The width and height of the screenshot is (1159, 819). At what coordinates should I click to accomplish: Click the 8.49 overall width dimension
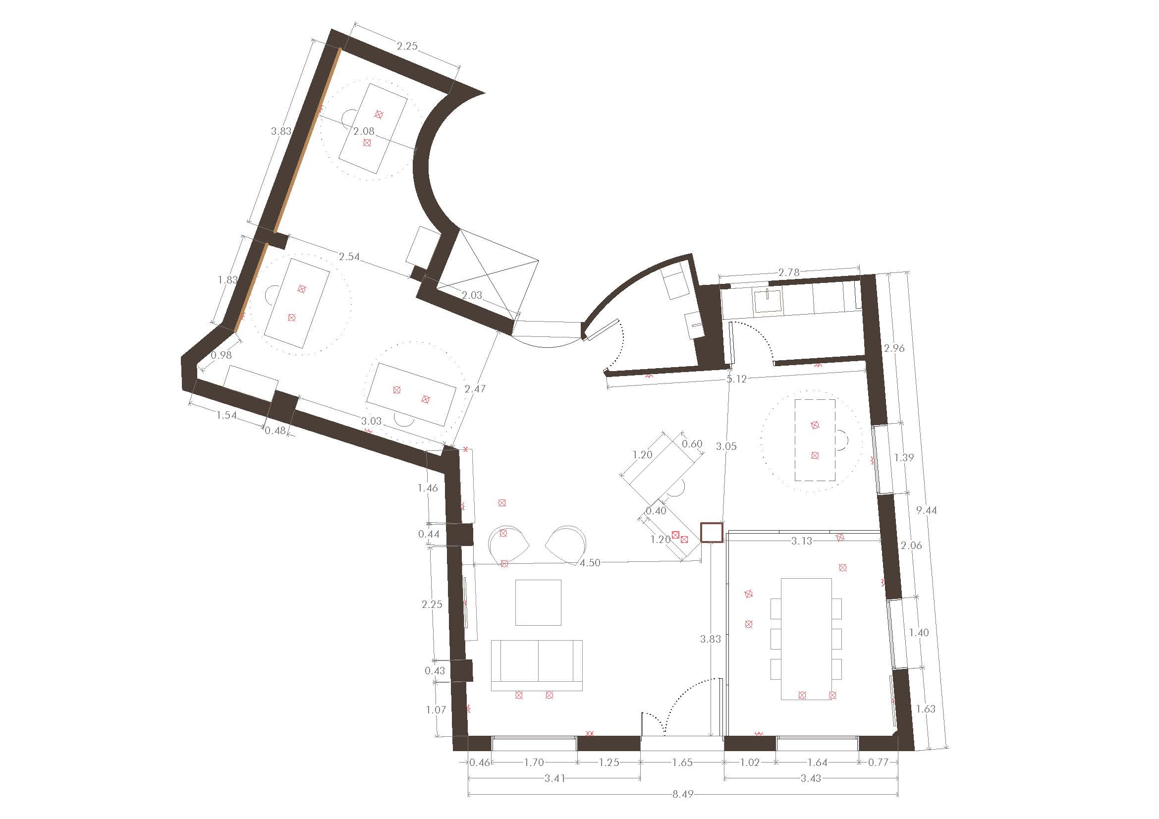point(682,794)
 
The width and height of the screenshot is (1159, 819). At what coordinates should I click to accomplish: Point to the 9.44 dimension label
point(926,510)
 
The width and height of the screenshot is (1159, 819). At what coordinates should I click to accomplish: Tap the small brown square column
point(712,533)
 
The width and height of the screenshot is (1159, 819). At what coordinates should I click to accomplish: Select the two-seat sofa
point(537,665)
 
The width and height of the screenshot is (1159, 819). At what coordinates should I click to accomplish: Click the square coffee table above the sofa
point(538,602)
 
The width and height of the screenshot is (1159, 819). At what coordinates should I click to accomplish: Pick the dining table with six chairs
point(806,639)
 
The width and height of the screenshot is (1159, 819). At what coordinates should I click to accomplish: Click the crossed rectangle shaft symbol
point(487,274)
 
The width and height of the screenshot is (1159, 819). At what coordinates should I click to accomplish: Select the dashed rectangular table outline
point(815,439)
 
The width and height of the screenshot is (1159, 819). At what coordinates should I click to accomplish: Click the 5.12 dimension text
point(736,379)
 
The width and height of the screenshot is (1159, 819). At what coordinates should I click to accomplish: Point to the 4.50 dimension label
point(590,563)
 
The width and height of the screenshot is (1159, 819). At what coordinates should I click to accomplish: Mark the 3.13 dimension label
point(802,541)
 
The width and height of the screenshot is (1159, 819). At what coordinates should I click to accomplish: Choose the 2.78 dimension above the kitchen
point(789,273)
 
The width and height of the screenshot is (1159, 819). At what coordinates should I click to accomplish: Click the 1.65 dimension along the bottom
point(682,763)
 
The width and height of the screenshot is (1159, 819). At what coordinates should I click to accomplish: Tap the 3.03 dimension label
point(372,421)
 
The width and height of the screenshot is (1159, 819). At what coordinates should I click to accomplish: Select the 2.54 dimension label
point(349,256)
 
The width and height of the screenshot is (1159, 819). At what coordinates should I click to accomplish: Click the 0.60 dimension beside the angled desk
point(692,444)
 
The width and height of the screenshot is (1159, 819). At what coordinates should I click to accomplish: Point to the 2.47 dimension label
point(475,388)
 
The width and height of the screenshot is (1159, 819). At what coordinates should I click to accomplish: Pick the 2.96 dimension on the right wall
point(894,348)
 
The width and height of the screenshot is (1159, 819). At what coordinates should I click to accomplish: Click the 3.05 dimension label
point(726,446)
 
